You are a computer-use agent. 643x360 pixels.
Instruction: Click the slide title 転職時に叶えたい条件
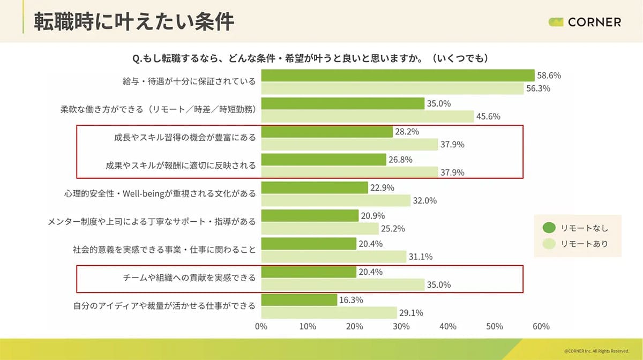134,21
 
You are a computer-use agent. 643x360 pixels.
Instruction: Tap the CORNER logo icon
556,22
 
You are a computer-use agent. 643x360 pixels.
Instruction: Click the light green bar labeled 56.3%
392,88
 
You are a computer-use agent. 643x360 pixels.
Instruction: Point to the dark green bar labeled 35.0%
342,103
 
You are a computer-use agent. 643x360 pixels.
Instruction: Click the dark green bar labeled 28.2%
327,131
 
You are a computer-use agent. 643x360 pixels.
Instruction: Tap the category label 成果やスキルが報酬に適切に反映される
181,166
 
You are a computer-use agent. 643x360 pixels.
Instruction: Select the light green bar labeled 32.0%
335,200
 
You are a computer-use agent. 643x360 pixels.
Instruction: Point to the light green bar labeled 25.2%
320,229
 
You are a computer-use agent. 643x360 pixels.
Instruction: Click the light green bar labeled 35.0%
342,284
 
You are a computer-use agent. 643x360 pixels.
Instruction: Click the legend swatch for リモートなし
549,228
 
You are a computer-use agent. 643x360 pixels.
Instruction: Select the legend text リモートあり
584,244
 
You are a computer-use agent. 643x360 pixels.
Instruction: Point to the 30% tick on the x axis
401,326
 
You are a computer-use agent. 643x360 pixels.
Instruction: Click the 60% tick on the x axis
541,326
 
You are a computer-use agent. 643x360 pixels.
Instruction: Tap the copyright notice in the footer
596,351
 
